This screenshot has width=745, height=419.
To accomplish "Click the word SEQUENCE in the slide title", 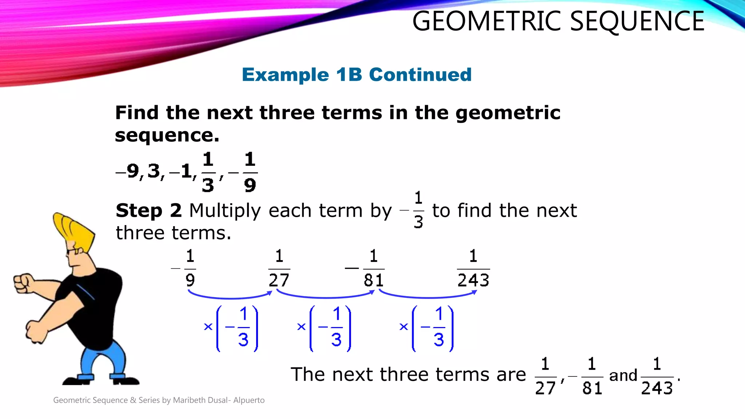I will coord(637,21).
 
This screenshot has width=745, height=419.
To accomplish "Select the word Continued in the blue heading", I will coord(420,75).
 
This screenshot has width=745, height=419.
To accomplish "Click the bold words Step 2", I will coord(148,211).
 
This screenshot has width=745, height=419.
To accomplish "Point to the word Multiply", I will coord(225,211).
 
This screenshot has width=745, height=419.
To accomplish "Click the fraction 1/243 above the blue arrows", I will coord(473,268).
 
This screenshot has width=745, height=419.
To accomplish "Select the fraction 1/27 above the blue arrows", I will coord(279,268).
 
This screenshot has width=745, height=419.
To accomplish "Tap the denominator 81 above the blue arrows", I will coord(374,280).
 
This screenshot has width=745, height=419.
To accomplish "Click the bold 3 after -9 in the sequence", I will coord(154,171).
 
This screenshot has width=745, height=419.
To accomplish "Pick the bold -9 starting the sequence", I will coord(127,171).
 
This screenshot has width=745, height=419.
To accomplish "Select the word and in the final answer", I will coord(623,376).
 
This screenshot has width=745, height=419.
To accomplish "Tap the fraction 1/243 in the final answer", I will coord(657,376).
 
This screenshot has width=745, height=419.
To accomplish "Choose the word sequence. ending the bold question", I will coord(167,136).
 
